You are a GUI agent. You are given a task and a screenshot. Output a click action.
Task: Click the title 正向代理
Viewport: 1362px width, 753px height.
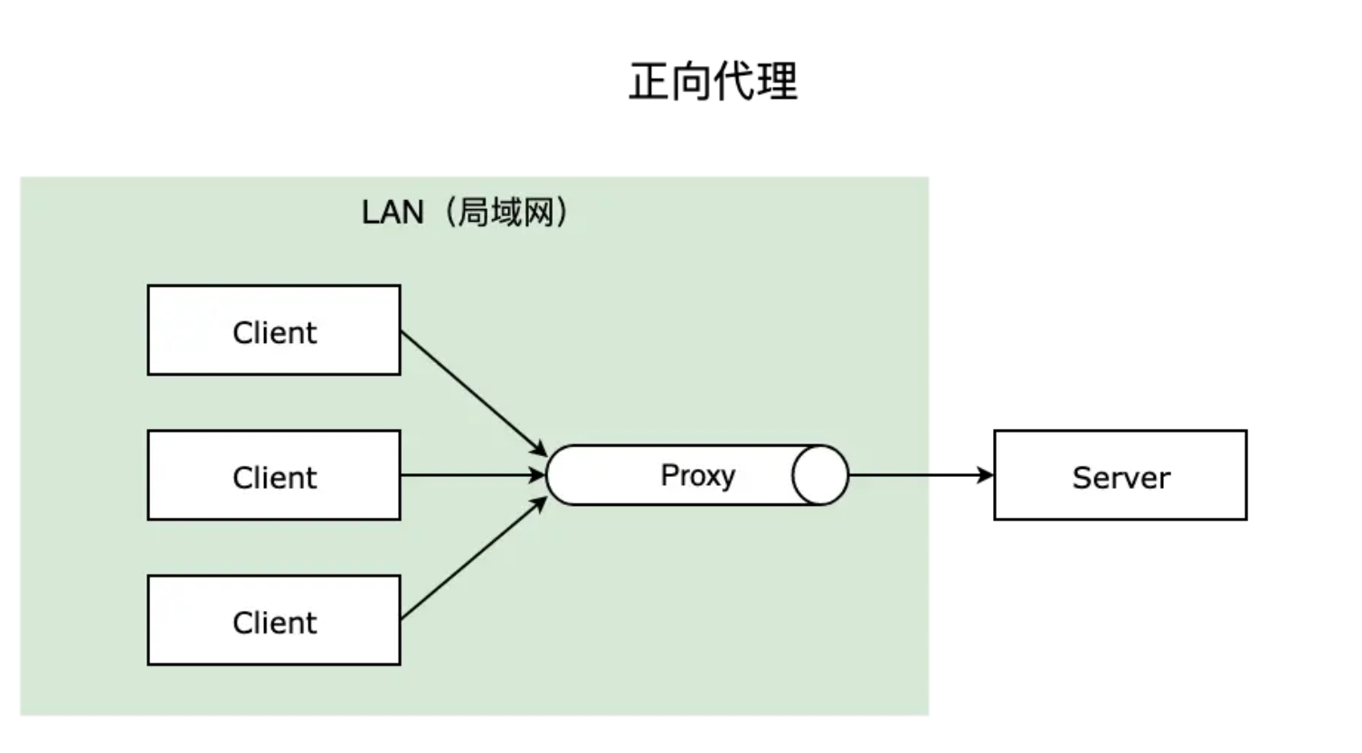(713, 81)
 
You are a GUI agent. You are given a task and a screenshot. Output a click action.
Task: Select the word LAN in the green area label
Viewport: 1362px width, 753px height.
(393, 213)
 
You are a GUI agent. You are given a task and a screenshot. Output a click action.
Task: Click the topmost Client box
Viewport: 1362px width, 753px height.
(274, 331)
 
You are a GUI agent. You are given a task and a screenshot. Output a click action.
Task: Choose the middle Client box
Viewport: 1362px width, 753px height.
(274, 476)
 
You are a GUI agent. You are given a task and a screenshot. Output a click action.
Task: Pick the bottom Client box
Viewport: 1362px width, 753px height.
(274, 621)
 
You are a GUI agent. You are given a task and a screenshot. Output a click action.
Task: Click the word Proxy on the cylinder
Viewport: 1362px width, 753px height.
(697, 475)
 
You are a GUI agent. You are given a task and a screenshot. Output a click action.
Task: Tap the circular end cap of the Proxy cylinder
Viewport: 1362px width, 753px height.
(820, 475)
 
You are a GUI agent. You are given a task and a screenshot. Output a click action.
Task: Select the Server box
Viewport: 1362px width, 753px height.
(1120, 476)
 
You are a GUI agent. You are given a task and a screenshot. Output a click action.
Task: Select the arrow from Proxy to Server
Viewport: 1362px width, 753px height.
(918, 475)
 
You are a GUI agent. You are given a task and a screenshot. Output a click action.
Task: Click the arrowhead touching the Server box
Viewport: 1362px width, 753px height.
(986, 475)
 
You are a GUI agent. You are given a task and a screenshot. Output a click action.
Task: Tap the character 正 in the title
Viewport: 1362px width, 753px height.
(649, 81)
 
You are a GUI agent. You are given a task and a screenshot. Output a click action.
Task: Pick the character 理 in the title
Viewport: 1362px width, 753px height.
(777, 81)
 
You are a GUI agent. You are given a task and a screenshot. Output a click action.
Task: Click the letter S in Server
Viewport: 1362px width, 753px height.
(1082, 477)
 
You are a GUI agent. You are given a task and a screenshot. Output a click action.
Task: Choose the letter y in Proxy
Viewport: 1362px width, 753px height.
(726, 478)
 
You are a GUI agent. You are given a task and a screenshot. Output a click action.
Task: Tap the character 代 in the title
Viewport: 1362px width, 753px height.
(733, 81)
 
